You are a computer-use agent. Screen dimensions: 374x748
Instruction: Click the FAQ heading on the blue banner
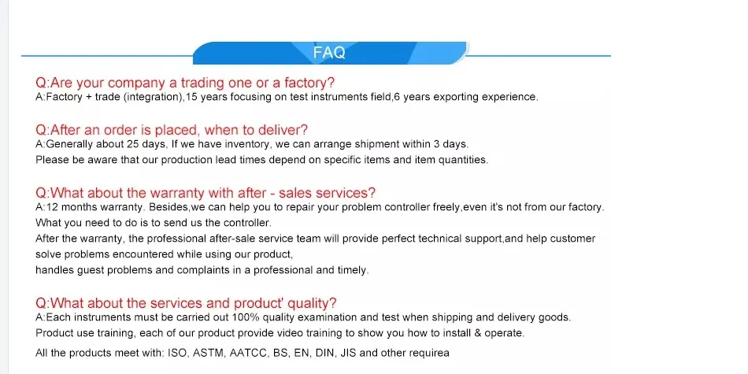click(329, 53)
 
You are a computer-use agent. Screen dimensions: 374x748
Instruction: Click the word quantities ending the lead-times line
click(461, 160)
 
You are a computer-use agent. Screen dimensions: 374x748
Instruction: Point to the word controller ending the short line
click(244, 223)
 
